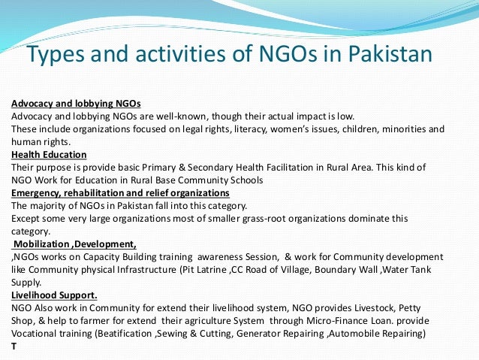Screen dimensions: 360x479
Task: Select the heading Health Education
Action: point(49,155)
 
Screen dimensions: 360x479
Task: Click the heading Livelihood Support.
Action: point(55,295)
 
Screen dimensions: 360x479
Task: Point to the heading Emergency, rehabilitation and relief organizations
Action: point(120,193)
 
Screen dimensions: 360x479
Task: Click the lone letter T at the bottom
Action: point(14,346)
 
